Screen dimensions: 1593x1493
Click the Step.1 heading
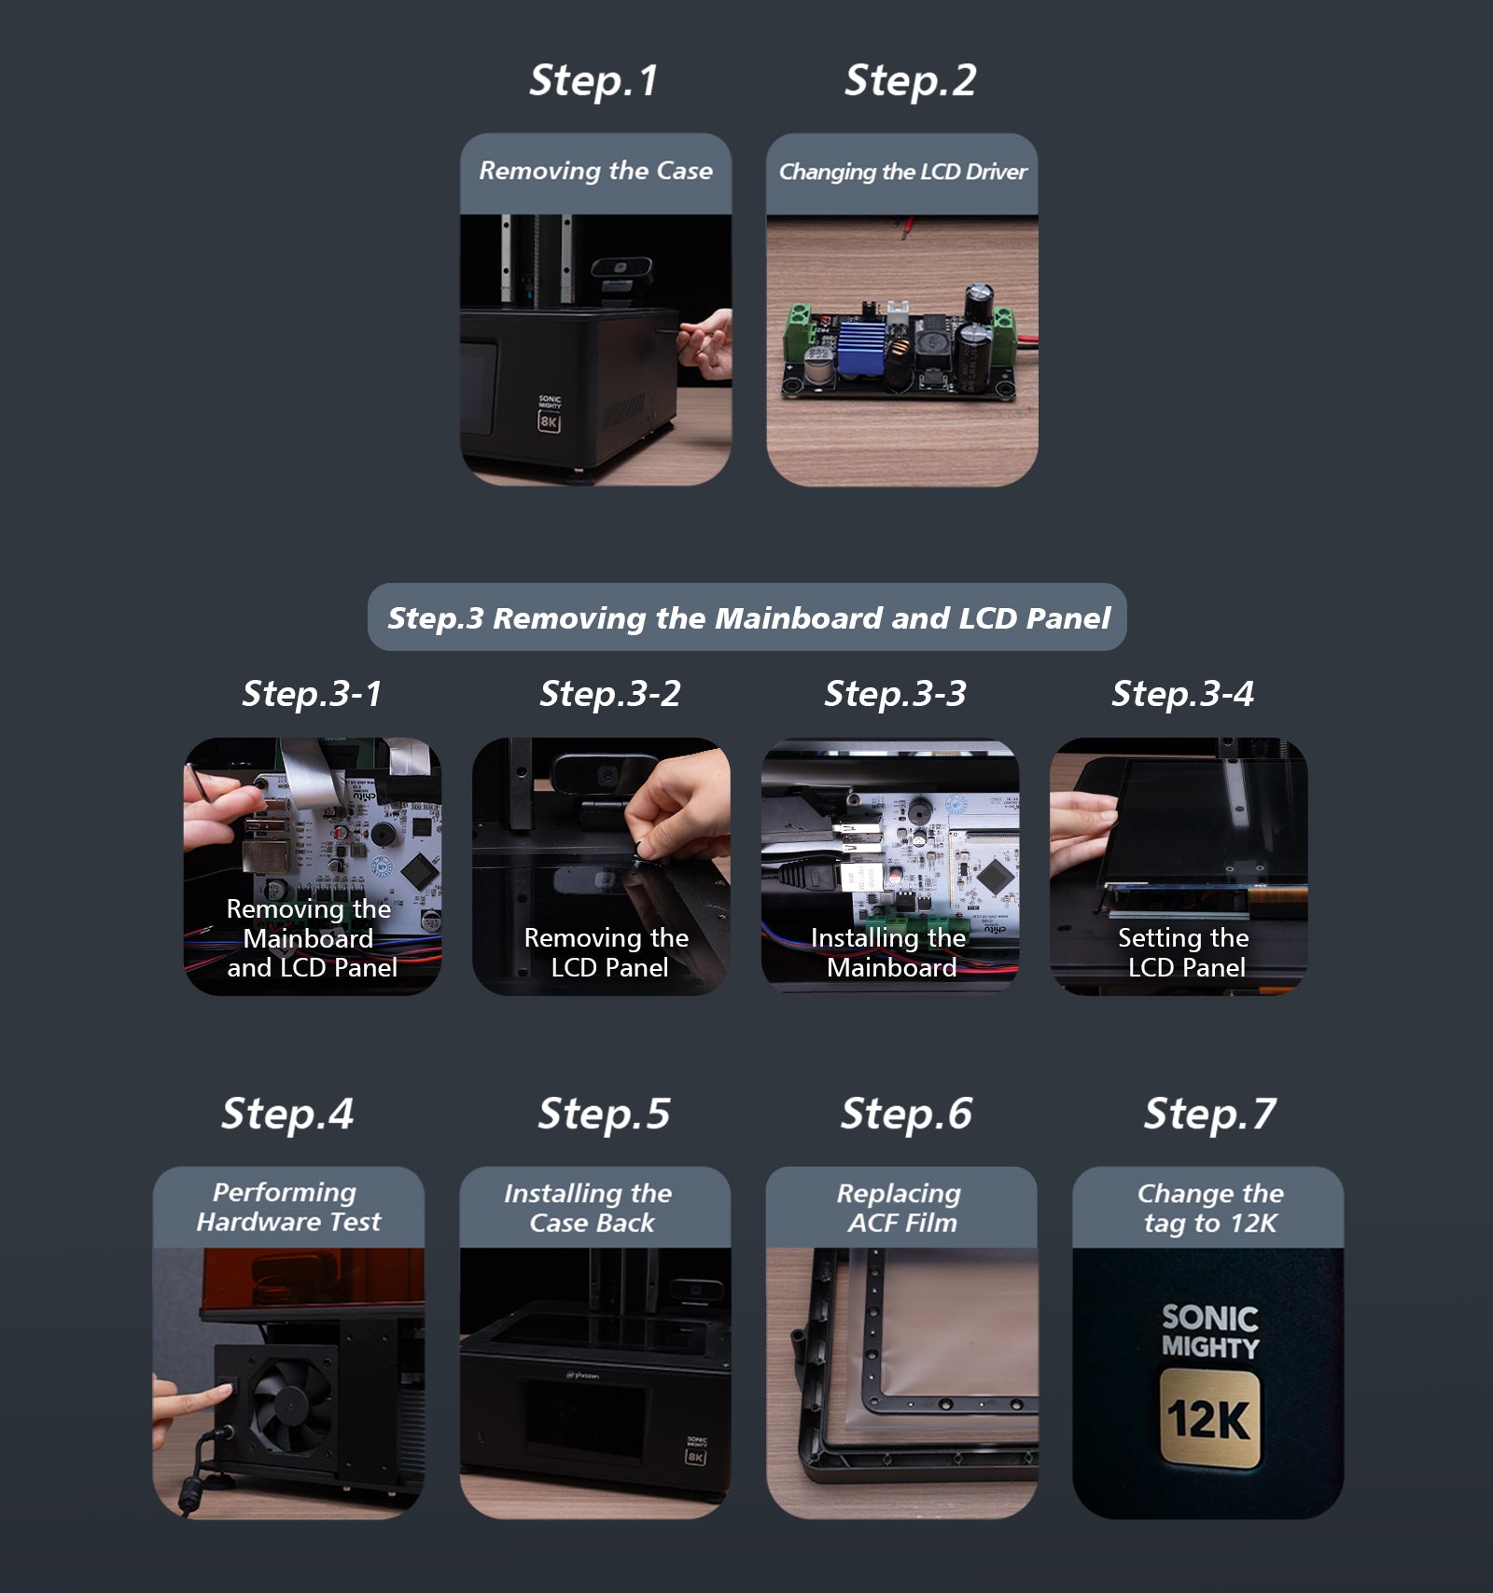tap(593, 80)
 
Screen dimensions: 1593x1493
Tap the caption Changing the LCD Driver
tap(901, 172)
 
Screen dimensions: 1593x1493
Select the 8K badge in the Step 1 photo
tap(549, 422)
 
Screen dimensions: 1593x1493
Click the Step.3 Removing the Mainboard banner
tap(747, 617)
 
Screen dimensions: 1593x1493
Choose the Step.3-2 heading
tap(610, 693)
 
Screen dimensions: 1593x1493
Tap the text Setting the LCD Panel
tap(1183, 952)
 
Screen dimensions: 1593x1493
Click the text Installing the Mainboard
tap(889, 952)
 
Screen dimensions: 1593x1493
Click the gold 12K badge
tap(1209, 1419)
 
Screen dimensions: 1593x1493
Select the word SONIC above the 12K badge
tap(1209, 1317)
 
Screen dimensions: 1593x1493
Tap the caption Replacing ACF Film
tap(900, 1208)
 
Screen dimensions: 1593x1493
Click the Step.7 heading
tap(1209, 1114)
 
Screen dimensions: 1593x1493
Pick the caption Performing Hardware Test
tap(287, 1207)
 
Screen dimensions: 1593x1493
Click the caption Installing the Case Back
tap(590, 1208)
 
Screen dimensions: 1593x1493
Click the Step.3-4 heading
tap(1182, 693)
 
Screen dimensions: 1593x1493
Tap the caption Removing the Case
tap(595, 171)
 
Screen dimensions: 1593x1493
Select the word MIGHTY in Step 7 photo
tap(1209, 1348)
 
